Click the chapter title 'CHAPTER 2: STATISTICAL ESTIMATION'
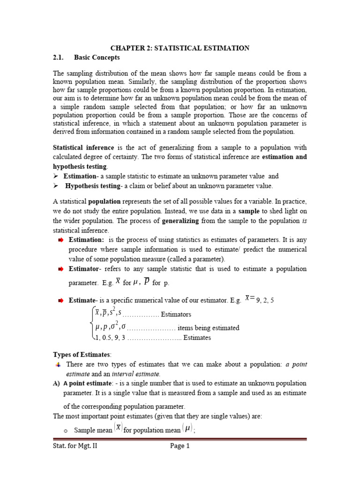coord(180,48)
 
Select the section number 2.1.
coord(60,58)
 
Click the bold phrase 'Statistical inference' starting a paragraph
coord(83,148)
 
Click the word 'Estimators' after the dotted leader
coord(176,315)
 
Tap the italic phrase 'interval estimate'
coord(135,374)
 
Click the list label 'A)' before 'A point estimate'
coord(57,383)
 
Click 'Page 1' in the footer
coord(180,446)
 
